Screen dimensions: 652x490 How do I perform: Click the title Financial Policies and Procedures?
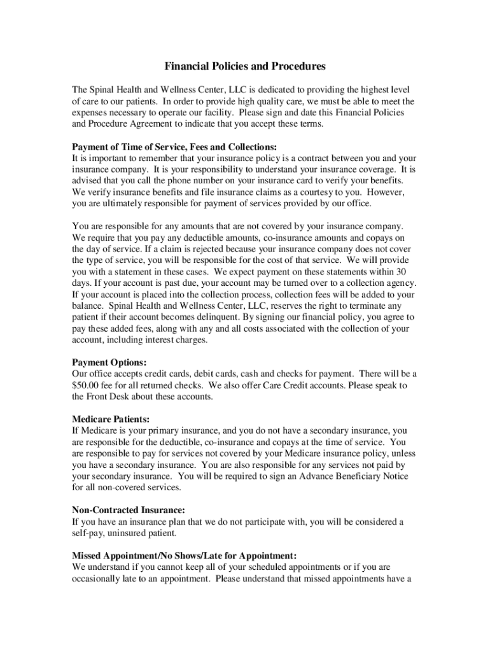tap(245, 66)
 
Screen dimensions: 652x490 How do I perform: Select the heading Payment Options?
tap(109, 362)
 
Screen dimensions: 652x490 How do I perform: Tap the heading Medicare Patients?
tap(111, 419)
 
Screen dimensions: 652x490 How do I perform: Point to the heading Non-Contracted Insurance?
tap(129, 510)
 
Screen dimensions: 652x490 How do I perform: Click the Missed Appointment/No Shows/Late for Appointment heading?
tap(184, 555)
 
